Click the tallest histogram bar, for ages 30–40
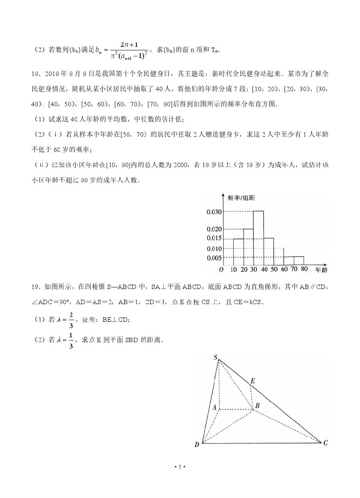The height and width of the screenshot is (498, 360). tap(258, 238)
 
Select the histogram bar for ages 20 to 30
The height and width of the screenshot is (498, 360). tap(248, 247)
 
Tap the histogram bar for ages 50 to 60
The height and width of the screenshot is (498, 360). tap(278, 257)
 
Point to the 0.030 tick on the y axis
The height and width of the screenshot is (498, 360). tap(214, 211)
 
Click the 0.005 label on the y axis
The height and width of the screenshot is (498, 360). tap(214, 257)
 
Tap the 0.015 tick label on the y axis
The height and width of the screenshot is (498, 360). tap(214, 239)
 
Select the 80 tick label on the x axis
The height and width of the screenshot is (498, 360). tap(304, 269)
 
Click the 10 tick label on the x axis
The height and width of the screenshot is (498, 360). tap(234, 269)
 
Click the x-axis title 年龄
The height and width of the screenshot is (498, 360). tap(321, 270)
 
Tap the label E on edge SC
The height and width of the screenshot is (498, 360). tap(252, 380)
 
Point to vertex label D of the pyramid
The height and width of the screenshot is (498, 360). tap(197, 444)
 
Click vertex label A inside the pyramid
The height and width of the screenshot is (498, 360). tap(214, 408)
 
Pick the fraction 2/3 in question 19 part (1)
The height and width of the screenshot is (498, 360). tap(71, 319)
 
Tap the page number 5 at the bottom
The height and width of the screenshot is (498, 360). tap(180, 467)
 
